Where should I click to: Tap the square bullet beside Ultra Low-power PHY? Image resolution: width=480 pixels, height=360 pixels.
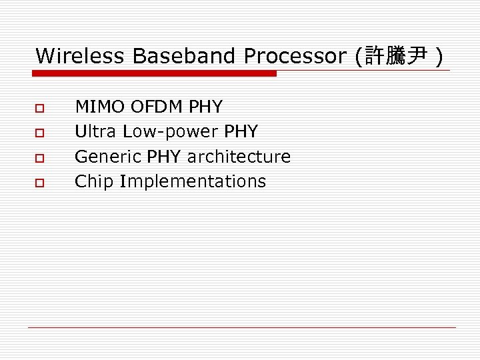coord(40,133)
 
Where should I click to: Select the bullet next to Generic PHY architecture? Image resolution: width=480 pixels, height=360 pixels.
coord(40,157)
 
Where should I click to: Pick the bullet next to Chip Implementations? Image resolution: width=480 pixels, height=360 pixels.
coord(40,182)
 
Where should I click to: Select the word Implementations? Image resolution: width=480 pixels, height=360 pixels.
coord(193,181)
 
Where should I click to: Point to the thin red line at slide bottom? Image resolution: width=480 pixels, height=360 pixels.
coord(241,327)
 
